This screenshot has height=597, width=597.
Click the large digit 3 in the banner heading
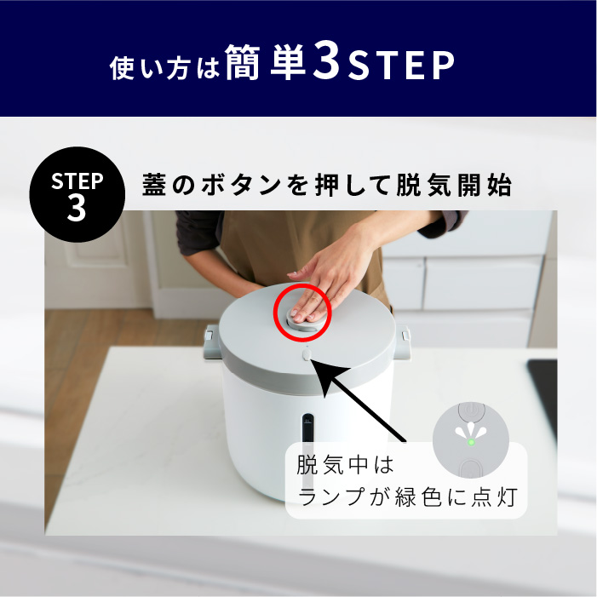click(326, 60)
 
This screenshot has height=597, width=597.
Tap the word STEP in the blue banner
click(401, 66)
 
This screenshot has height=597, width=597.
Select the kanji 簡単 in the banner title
click(266, 61)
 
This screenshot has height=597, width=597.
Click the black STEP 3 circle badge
click(77, 194)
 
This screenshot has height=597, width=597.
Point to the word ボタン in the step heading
click(241, 185)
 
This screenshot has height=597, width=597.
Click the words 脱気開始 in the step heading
click(454, 185)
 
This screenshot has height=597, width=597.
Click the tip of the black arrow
click(313, 359)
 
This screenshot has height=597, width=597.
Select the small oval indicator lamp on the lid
click(307, 355)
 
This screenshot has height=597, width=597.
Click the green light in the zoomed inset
click(471, 442)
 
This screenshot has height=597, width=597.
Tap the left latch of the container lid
click(210, 342)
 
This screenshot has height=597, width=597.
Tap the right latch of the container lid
click(402, 342)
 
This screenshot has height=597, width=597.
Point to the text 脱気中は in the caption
click(345, 465)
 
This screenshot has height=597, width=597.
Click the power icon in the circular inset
click(471, 410)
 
